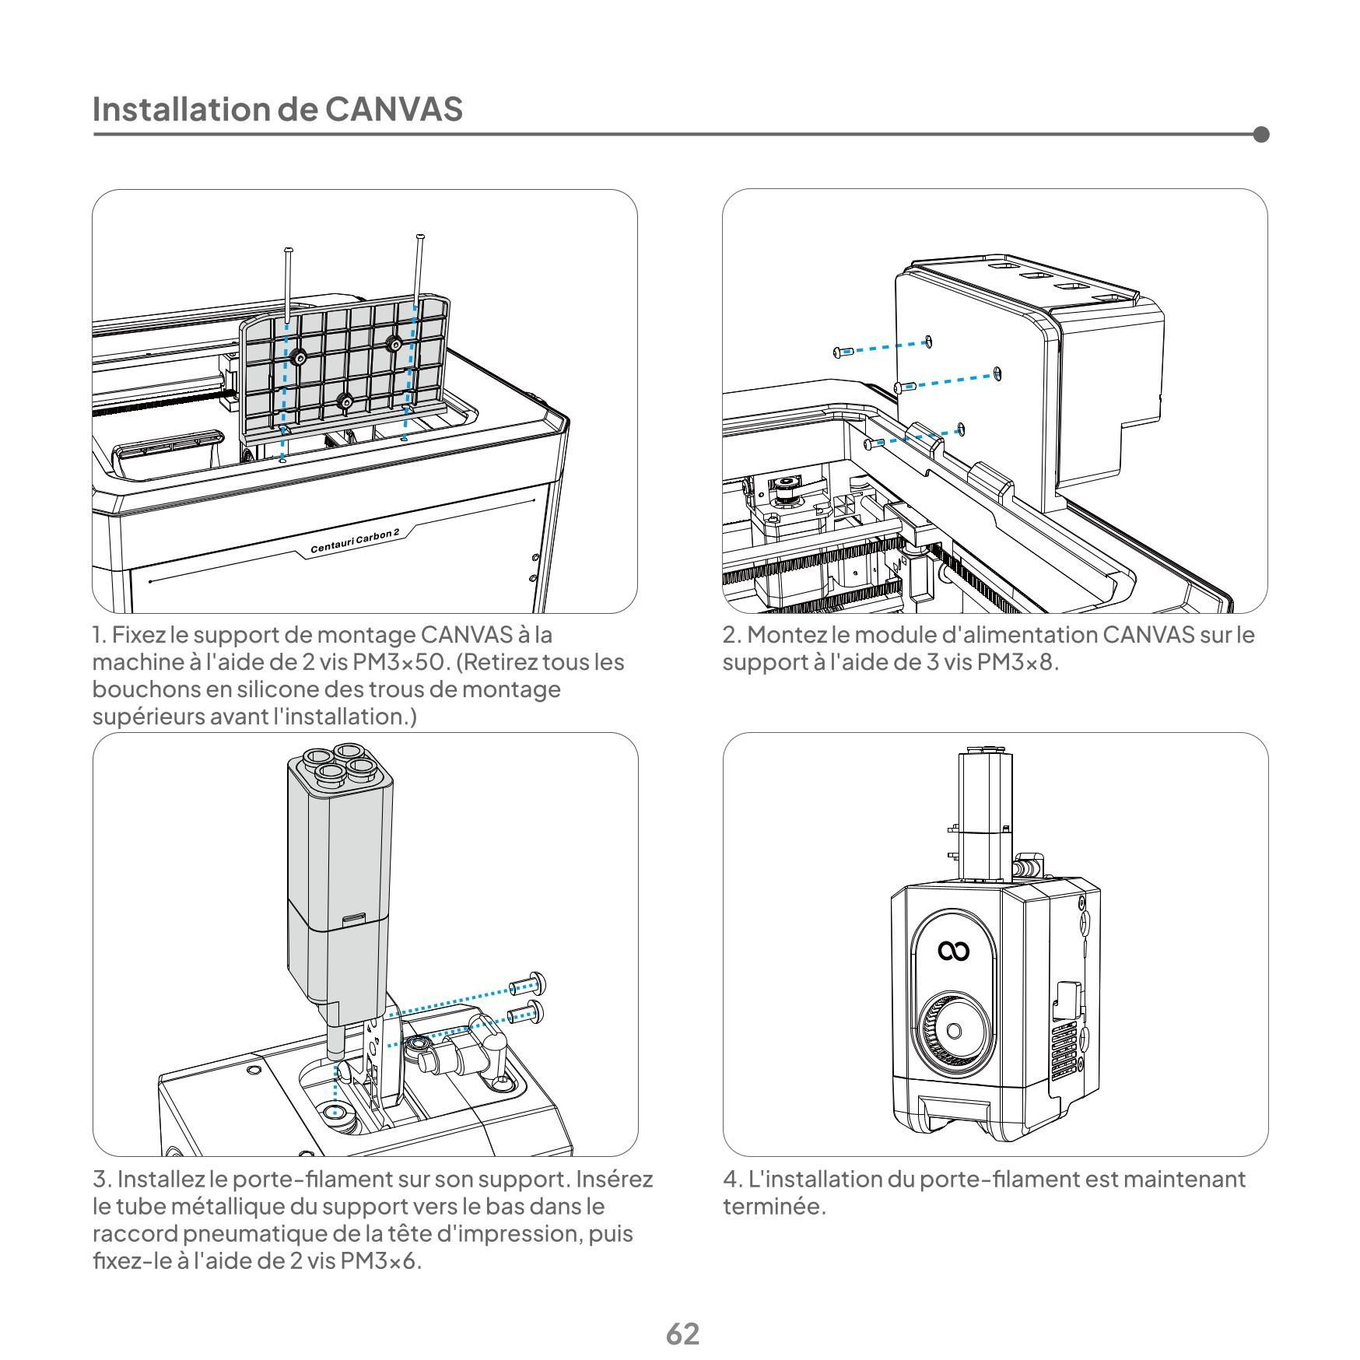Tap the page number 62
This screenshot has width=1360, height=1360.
[682, 1334]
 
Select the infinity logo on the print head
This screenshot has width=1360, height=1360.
[953, 951]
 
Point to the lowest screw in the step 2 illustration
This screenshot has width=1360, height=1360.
[872, 443]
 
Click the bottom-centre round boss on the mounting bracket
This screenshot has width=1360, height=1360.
[345, 401]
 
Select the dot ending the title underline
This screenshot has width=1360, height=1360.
[1261, 135]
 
